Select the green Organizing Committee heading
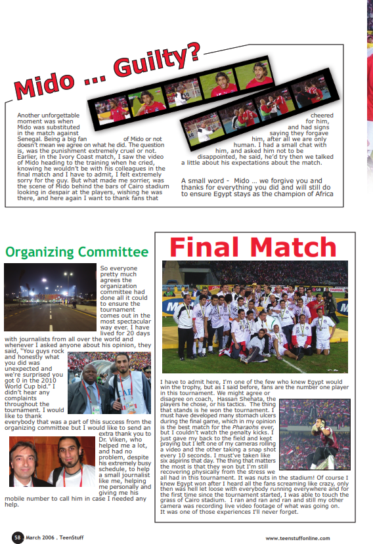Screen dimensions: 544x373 (77, 252)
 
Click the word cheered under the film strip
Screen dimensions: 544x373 (319, 115)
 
